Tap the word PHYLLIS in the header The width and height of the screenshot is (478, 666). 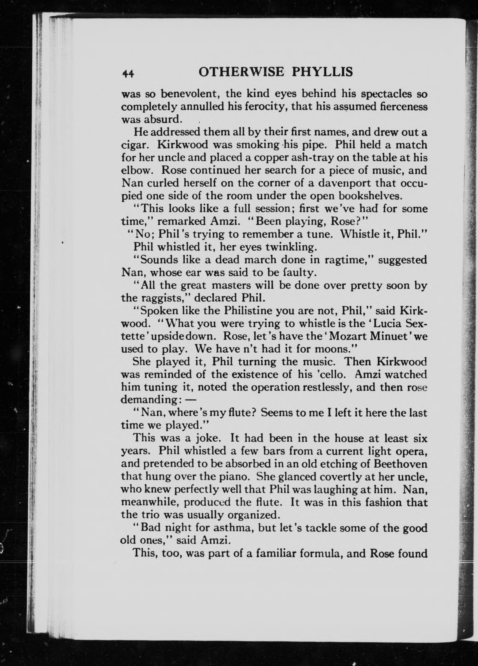pyautogui.click(x=322, y=72)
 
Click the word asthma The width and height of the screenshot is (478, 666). pyautogui.click(x=233, y=528)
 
